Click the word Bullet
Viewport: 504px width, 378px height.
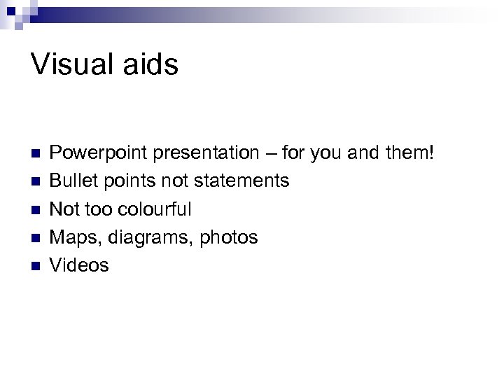[x=73, y=181]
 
